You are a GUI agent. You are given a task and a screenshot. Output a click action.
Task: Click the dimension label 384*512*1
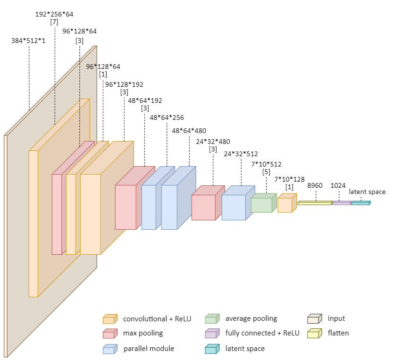coord(28,41)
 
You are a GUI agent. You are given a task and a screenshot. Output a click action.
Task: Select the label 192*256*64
coord(54,14)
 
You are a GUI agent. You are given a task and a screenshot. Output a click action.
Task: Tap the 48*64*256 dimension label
coord(167,117)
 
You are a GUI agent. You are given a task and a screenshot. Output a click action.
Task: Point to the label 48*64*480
coord(189,131)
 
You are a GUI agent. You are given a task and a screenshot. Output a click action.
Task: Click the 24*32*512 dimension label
coord(241,154)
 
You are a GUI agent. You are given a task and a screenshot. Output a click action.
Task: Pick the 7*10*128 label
coord(289,179)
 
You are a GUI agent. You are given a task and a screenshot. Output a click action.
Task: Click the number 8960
coord(315,185)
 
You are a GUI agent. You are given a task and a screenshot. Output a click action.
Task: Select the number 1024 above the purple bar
coord(339,185)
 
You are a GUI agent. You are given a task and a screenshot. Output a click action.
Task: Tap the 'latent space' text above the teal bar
coord(367,192)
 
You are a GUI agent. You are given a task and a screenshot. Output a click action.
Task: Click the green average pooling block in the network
coord(262,204)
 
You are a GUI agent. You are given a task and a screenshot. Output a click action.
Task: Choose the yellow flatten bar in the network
coord(315,203)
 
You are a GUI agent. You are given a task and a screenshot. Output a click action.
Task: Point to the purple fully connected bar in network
coord(342,203)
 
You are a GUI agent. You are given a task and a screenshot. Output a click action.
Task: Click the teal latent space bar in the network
coord(360,203)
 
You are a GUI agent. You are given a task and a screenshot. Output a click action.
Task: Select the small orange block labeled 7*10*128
coord(285,205)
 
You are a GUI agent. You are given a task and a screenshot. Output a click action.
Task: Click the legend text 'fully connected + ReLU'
coord(262,333)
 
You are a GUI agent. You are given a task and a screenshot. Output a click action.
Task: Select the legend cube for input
coord(314,319)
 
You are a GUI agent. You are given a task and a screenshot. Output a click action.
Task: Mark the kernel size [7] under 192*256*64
coord(54,22)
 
